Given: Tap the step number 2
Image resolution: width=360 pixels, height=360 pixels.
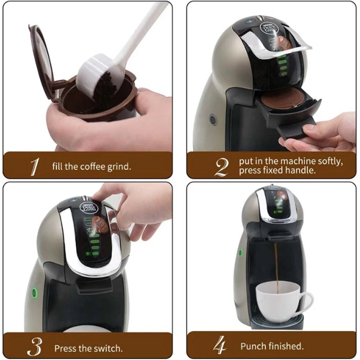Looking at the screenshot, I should [221, 166].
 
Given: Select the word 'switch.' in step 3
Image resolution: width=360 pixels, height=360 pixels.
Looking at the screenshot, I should [108, 348].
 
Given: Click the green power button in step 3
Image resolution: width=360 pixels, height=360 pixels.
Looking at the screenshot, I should [34, 293].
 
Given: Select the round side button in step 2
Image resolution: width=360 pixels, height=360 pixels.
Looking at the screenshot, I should [213, 120].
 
